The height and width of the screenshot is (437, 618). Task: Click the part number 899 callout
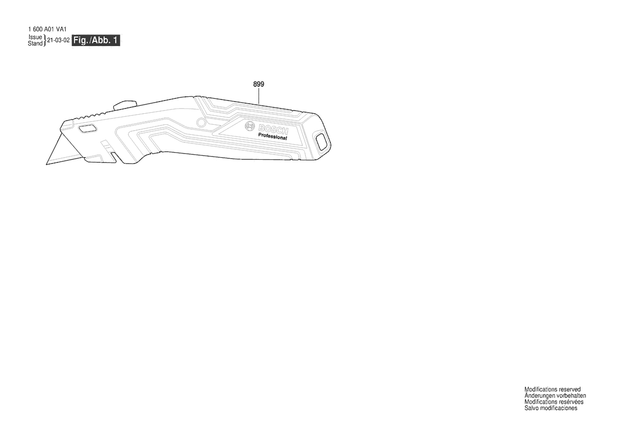259,84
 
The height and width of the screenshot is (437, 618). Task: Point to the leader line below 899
259,96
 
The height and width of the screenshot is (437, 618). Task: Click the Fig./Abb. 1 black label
96,40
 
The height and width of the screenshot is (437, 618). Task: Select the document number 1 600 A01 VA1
47,29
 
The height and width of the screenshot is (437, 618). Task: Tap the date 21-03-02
58,40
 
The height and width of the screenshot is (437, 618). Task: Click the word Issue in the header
35,37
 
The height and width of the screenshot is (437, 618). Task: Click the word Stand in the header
35,43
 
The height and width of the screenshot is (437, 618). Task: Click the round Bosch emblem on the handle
250,126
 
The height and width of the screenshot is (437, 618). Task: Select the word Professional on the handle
272,136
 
